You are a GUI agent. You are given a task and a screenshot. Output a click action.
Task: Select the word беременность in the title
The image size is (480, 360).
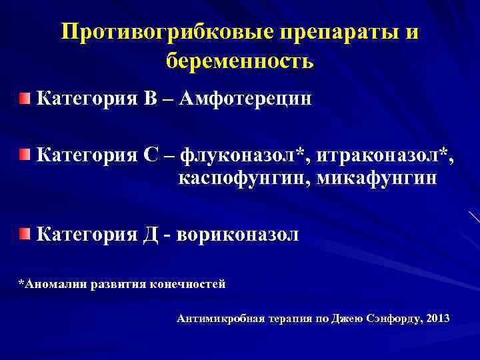tap(239, 62)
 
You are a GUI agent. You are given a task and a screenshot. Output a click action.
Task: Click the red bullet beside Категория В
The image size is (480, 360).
tap(25, 99)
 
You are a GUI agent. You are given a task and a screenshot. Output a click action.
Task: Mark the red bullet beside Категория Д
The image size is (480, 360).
tap(25, 233)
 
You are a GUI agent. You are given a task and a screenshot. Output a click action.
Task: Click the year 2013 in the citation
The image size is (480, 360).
tap(437, 319)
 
